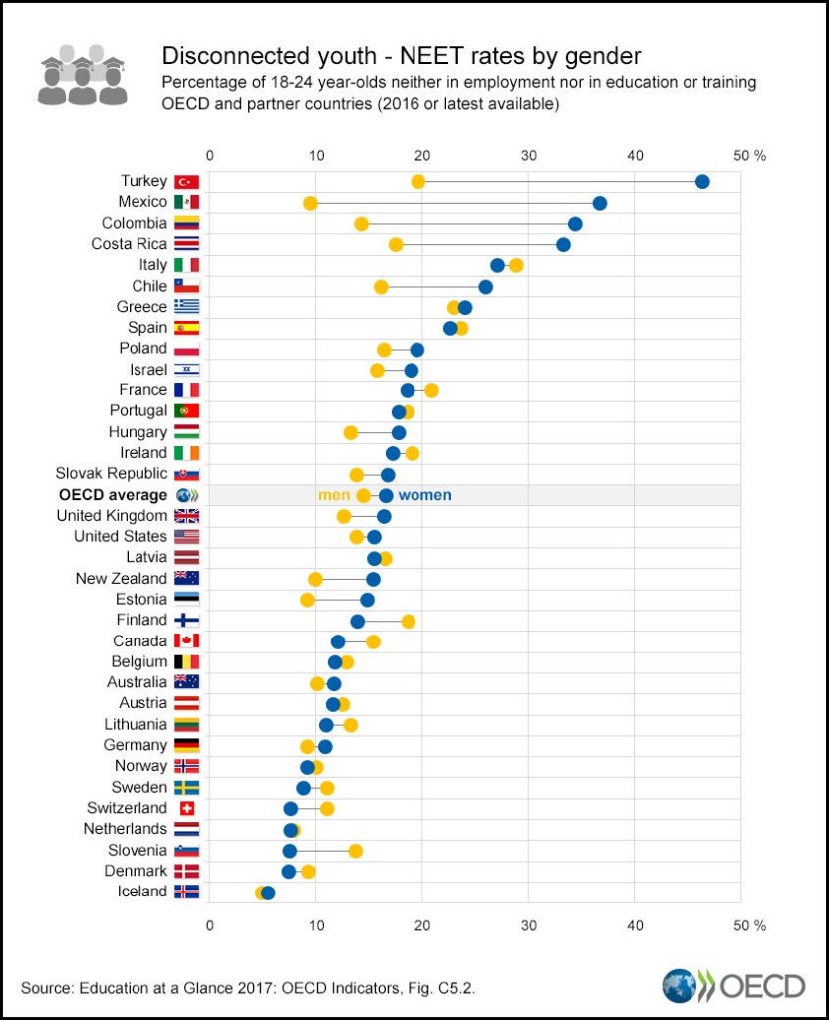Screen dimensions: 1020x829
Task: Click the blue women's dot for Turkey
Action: pyautogui.click(x=702, y=181)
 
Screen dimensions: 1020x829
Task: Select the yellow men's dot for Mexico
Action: pyautogui.click(x=310, y=203)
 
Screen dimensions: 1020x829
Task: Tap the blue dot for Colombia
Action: pyautogui.click(x=575, y=223)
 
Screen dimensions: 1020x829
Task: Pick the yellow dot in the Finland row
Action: pyautogui.click(x=408, y=621)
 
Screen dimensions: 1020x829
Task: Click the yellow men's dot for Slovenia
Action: pyautogui.click(x=355, y=850)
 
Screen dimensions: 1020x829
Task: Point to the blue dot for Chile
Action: pyautogui.click(x=485, y=287)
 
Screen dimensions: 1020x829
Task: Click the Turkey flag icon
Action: pyautogui.click(x=187, y=182)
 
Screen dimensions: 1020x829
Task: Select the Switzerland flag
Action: pyautogui.click(x=187, y=808)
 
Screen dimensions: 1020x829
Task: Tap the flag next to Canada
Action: pyautogui.click(x=187, y=640)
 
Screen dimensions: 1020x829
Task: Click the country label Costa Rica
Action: pyautogui.click(x=131, y=244)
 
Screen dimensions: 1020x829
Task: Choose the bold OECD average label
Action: pyautogui.click(x=113, y=495)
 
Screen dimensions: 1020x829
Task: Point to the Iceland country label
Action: pyautogui.click(x=142, y=892)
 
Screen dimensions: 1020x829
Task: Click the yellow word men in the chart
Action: pyautogui.click(x=333, y=495)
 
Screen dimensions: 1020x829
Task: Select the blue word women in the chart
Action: pyautogui.click(x=424, y=495)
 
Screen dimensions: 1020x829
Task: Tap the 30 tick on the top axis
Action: pyautogui.click(x=528, y=155)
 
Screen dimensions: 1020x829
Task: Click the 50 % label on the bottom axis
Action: pyautogui.click(x=748, y=925)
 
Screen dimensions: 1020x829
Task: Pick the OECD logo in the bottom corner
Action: pyautogui.click(x=733, y=986)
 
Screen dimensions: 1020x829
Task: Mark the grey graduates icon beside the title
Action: pyautogui.click(x=82, y=74)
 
